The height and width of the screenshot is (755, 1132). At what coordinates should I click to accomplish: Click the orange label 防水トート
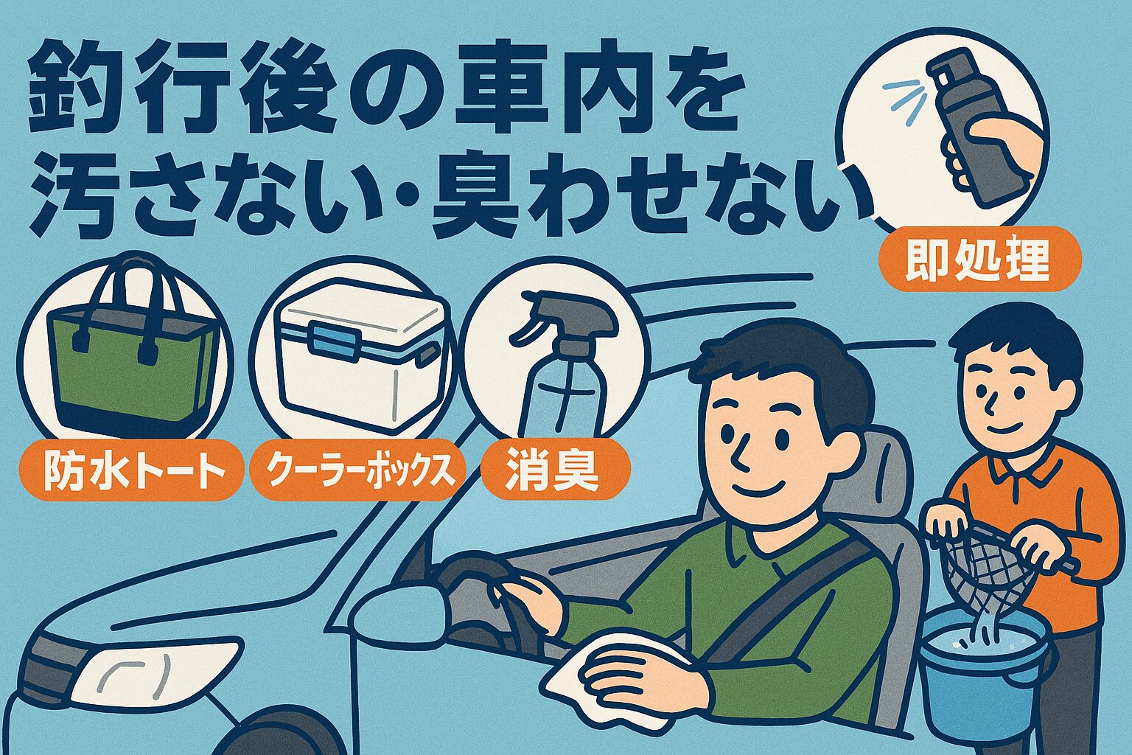point(130,473)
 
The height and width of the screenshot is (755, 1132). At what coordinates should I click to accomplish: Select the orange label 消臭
point(554,473)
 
